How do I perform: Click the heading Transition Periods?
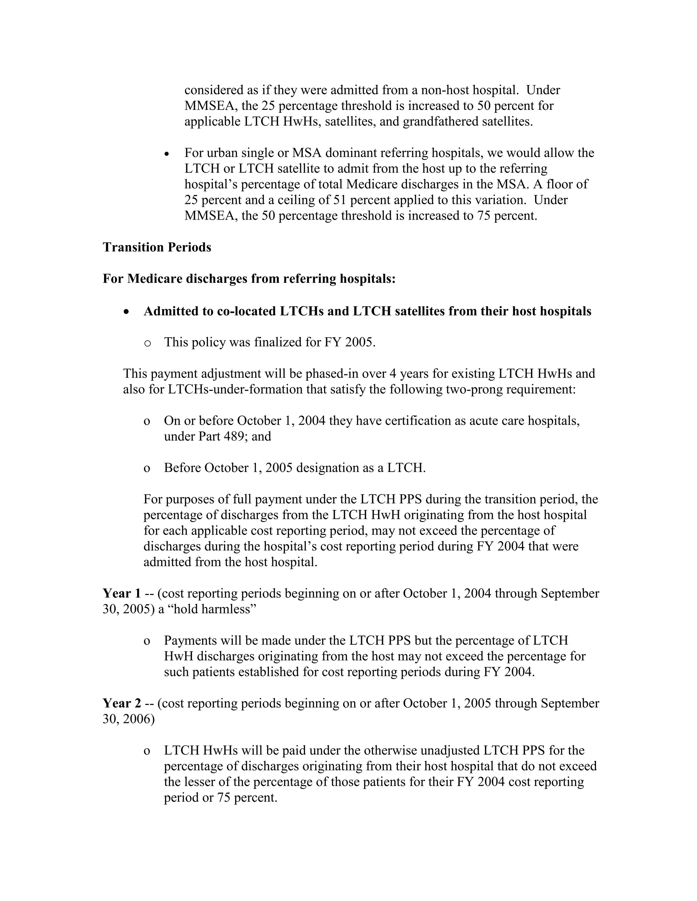pos(157,247)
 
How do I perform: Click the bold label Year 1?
pos(122,593)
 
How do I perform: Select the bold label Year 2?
pos(122,703)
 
